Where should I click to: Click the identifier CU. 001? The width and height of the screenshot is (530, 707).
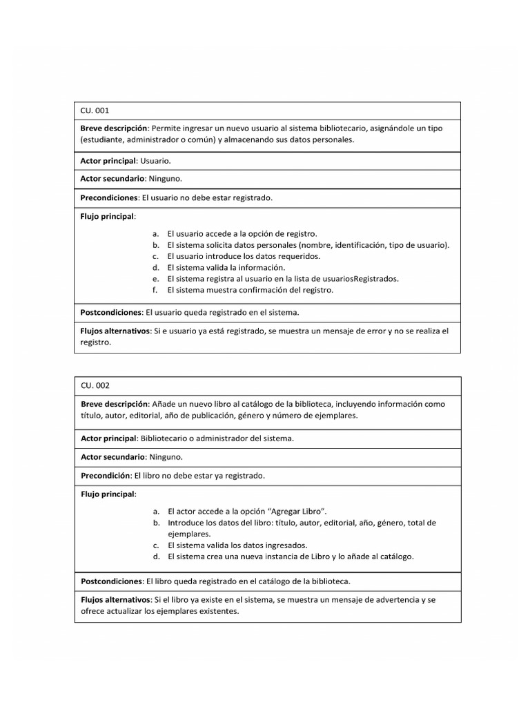pos(95,110)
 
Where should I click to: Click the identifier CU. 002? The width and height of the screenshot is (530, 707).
pos(95,385)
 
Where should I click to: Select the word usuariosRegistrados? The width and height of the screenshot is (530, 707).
pos(359,279)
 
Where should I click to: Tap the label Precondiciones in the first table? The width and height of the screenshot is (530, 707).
pos(110,197)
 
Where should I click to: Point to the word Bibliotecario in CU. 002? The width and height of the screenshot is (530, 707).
pos(164,438)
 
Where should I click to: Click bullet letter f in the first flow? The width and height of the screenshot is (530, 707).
pos(155,290)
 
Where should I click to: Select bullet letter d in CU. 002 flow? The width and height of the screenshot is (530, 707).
pos(156,556)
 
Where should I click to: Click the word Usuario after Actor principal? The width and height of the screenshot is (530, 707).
pos(155,161)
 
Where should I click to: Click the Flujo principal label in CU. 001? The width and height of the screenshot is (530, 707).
pos(108,216)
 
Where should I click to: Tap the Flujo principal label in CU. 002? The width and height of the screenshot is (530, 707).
pos(108,494)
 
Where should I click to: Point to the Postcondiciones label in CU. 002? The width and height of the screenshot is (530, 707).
pos(112,581)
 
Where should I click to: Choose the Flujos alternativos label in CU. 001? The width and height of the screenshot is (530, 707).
pos(115,331)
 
